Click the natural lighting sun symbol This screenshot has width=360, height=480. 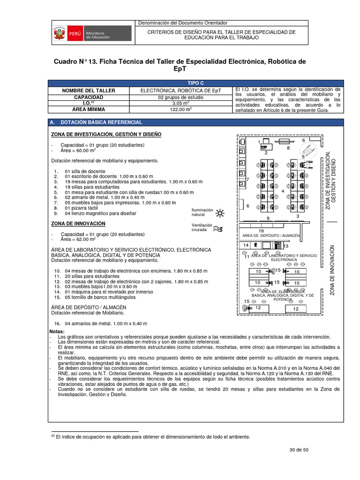220,212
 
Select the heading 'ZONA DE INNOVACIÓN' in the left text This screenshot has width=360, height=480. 77,223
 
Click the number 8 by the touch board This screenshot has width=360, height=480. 288,148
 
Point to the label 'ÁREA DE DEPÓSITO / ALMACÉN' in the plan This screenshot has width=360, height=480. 271,235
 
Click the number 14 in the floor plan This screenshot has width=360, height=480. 245,245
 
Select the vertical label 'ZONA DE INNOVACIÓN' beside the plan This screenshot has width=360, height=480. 332,270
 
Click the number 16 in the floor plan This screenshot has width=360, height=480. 261,231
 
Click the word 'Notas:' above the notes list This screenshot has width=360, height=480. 57,331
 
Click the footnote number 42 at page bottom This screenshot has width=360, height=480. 52,435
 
